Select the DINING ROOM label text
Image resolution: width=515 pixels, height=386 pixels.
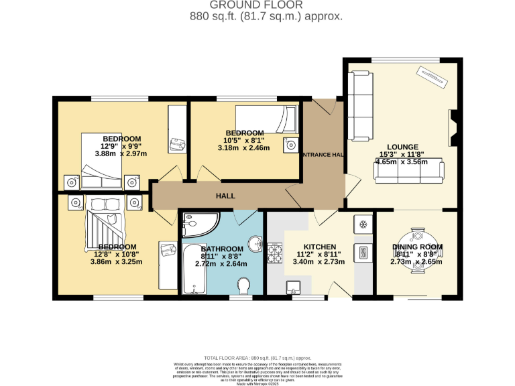click(x=417, y=247)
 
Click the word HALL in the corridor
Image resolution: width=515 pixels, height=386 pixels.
click(x=225, y=196)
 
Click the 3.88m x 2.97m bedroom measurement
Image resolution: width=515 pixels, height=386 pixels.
click(x=121, y=153)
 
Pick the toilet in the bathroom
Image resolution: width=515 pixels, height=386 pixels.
click(x=244, y=286)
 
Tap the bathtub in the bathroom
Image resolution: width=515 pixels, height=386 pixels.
click(x=190, y=271)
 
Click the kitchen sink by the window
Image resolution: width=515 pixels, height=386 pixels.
click(x=294, y=288)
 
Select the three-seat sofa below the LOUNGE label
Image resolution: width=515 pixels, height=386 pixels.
click(x=408, y=172)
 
